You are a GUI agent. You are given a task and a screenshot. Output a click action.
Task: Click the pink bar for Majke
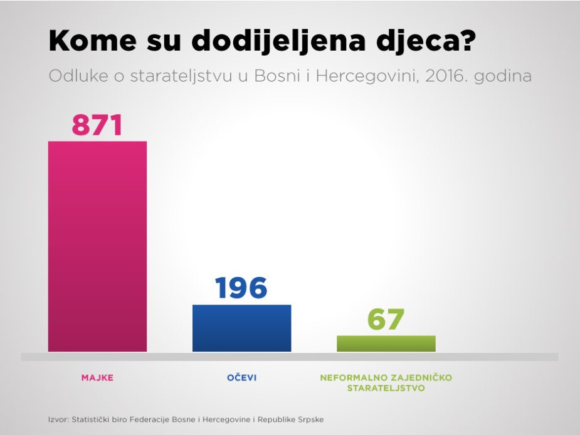click(97, 246)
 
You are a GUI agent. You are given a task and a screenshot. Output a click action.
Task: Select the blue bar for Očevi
click(241, 328)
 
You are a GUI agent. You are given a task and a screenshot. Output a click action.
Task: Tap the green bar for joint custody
click(386, 343)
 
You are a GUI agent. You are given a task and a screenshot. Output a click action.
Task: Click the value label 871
click(97, 125)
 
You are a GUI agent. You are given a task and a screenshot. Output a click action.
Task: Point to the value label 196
click(241, 288)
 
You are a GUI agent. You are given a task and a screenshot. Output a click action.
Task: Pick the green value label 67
click(386, 320)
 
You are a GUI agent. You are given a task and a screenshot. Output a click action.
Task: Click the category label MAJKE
click(97, 378)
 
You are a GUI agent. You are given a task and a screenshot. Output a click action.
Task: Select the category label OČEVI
click(241, 378)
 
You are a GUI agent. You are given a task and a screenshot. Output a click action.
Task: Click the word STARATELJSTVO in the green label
click(386, 388)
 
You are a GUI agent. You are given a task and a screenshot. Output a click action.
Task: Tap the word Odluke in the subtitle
click(73, 76)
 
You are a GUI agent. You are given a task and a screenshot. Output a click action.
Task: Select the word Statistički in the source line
click(92, 419)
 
